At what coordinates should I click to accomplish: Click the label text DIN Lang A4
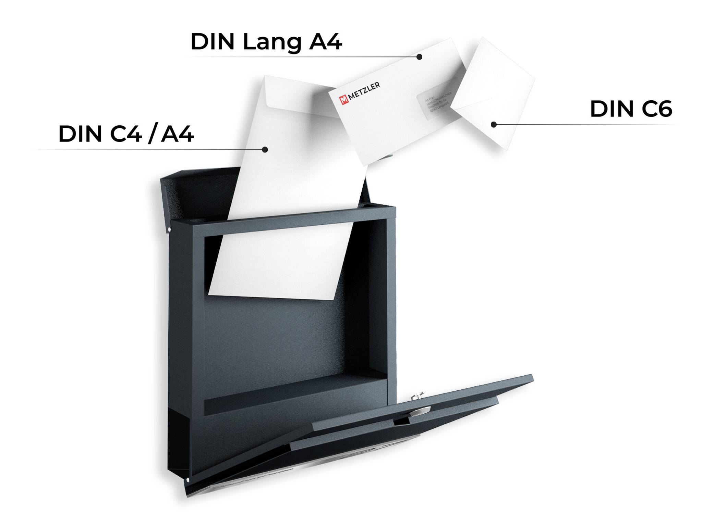pyautogui.click(x=266, y=42)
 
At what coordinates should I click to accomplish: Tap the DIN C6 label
pyautogui.click(x=631, y=109)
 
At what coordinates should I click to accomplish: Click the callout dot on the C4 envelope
pyautogui.click(x=265, y=149)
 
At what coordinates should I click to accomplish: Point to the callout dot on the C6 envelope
pyautogui.click(x=494, y=125)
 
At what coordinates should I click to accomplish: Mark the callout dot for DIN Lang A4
pyautogui.click(x=419, y=57)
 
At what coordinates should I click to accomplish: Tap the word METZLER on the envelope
pyautogui.click(x=365, y=90)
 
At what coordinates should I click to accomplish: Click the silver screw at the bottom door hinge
pyautogui.click(x=188, y=480)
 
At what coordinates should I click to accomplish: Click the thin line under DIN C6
pyautogui.click(x=583, y=125)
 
